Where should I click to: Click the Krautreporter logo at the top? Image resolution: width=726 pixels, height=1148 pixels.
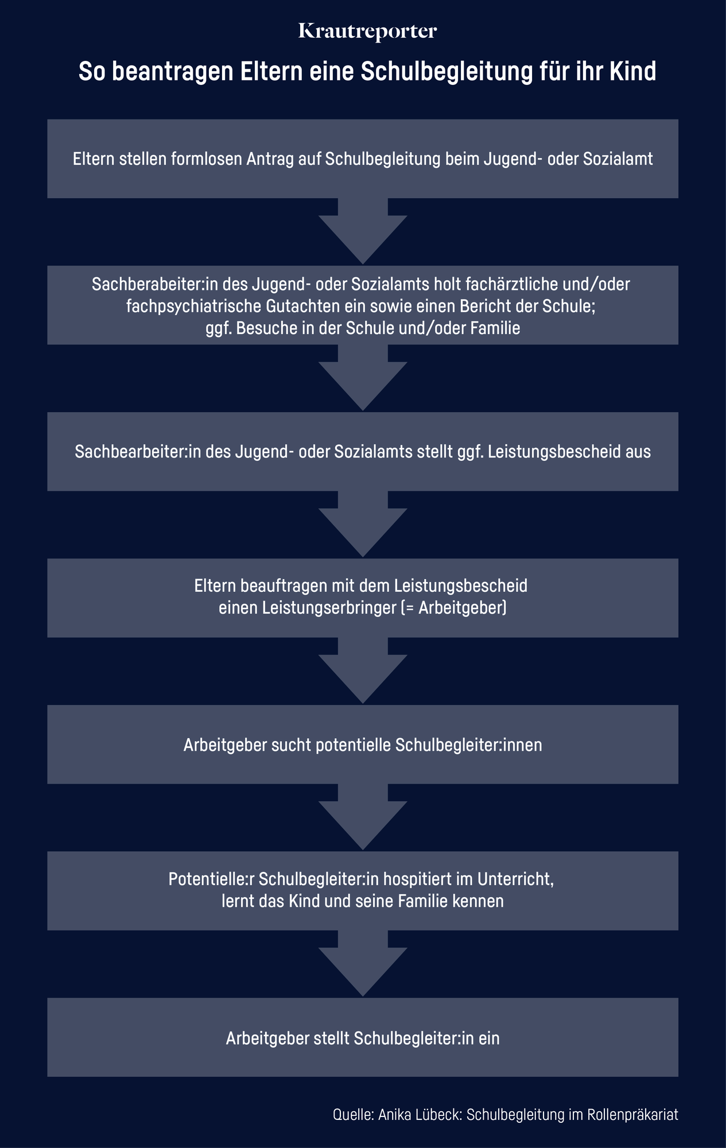[x=368, y=32]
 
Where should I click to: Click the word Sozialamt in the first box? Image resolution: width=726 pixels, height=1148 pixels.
[x=618, y=159]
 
